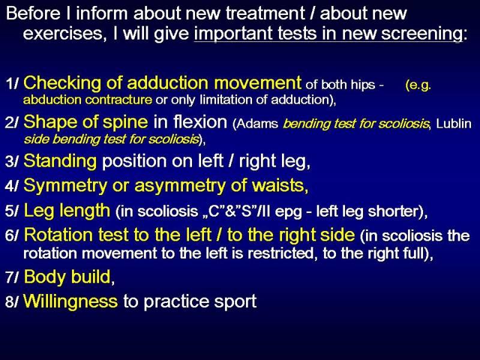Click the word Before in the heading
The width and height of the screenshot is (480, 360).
point(33,14)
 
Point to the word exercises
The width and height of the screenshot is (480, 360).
point(63,34)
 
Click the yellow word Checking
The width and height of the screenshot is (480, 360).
point(62,83)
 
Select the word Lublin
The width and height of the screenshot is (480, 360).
point(454,124)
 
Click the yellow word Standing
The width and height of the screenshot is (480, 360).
point(60,161)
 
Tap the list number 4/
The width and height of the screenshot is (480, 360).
point(11,186)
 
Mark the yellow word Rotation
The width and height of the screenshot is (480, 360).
point(58,235)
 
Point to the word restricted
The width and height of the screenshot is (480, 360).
point(281,253)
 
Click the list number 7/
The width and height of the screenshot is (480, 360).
point(11,277)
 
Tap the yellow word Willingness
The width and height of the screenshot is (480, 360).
point(70,302)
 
